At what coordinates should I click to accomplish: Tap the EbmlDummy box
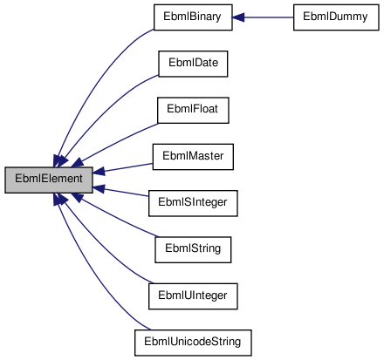click(322, 17)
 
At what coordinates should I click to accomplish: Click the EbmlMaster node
click(192, 157)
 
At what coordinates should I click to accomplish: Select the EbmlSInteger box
click(192, 203)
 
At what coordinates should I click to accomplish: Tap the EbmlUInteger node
click(192, 296)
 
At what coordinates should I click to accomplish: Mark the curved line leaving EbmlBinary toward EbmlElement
click(96, 70)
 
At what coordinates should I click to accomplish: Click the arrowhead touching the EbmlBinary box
click(239, 17)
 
